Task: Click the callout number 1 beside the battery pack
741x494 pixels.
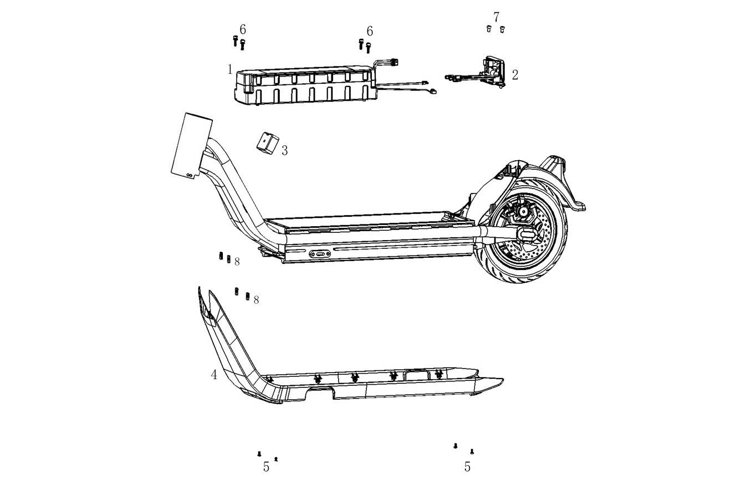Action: pyautogui.click(x=230, y=69)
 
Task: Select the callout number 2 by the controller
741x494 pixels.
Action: pyautogui.click(x=515, y=75)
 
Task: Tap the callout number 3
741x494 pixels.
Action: pyautogui.click(x=284, y=151)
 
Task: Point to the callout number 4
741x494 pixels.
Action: pyautogui.click(x=214, y=375)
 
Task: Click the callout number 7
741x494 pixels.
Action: pyautogui.click(x=496, y=17)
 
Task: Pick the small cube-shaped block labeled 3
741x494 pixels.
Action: pyautogui.click(x=268, y=143)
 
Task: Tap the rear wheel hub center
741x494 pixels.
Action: pyautogui.click(x=523, y=211)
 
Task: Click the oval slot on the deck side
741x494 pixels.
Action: pyautogui.click(x=320, y=254)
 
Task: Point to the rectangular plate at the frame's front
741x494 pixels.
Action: pyautogui.click(x=192, y=146)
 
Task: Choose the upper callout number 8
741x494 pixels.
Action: pyautogui.click(x=237, y=262)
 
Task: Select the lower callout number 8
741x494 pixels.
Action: pyautogui.click(x=256, y=300)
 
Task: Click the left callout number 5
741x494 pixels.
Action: pyautogui.click(x=266, y=467)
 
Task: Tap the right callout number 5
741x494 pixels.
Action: pyautogui.click(x=467, y=466)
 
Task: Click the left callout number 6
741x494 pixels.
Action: pyautogui.click(x=243, y=29)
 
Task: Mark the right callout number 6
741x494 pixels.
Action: pyautogui.click(x=370, y=31)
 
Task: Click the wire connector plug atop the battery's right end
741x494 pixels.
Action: pyautogui.click(x=394, y=62)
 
